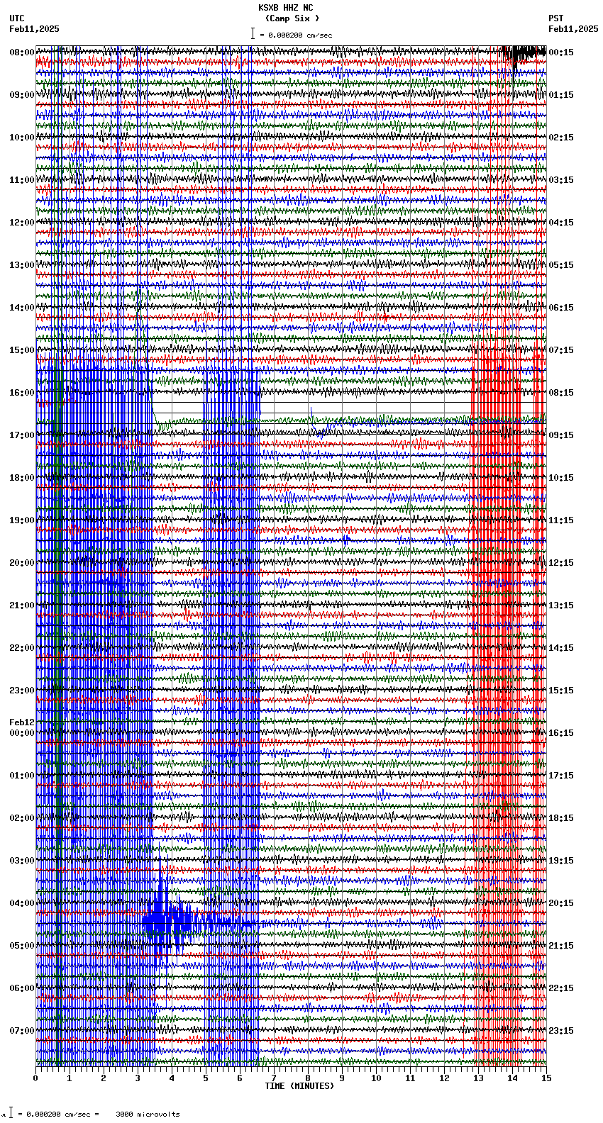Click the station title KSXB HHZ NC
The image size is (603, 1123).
(x=285, y=8)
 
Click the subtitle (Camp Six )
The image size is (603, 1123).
(x=292, y=18)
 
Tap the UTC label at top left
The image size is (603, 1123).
(x=17, y=18)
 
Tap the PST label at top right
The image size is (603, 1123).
(x=555, y=18)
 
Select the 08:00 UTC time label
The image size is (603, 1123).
(x=21, y=52)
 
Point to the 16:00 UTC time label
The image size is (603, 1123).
(x=21, y=393)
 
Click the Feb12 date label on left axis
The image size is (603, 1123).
(x=21, y=722)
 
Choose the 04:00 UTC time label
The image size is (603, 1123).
(x=21, y=903)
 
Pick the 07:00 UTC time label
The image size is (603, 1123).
(x=21, y=1031)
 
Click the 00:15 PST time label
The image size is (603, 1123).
(x=560, y=52)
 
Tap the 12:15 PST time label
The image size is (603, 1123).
(x=560, y=563)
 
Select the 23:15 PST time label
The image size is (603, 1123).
(x=560, y=1031)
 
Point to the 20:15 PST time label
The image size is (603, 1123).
(x=560, y=903)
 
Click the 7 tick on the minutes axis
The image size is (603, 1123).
(x=274, y=1078)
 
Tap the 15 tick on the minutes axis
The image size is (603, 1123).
(x=546, y=1078)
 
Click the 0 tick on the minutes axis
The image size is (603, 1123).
(x=35, y=1078)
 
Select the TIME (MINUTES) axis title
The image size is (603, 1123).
(x=299, y=1086)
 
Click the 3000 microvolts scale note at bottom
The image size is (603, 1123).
(x=148, y=1114)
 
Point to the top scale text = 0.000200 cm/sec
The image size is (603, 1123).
(x=296, y=35)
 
